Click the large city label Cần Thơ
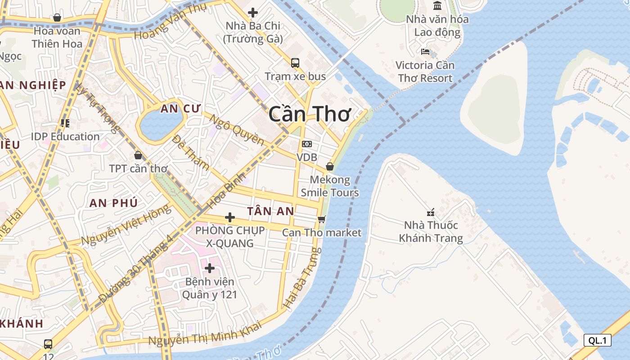pyautogui.click(x=309, y=114)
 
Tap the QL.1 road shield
pyautogui.click(x=597, y=340)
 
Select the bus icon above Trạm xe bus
pyautogui.click(x=295, y=63)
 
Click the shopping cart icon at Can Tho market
pyautogui.click(x=321, y=219)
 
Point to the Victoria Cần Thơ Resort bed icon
pyautogui.click(x=425, y=52)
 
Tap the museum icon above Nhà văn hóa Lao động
pyautogui.click(x=437, y=6)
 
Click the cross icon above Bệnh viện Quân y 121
pyautogui.click(x=209, y=268)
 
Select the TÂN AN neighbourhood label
pyautogui.click(x=270, y=211)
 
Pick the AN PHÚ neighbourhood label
pyautogui.click(x=113, y=203)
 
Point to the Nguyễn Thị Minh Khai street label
pyautogui.click(x=205, y=334)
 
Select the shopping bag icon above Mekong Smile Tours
pyautogui.click(x=330, y=166)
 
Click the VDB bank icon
pyautogui.click(x=307, y=144)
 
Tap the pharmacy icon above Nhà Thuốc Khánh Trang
pyautogui.click(x=431, y=212)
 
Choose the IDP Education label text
pyautogui.click(x=65, y=136)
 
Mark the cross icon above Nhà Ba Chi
pyautogui.click(x=253, y=13)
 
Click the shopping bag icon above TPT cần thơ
pyautogui.click(x=138, y=155)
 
